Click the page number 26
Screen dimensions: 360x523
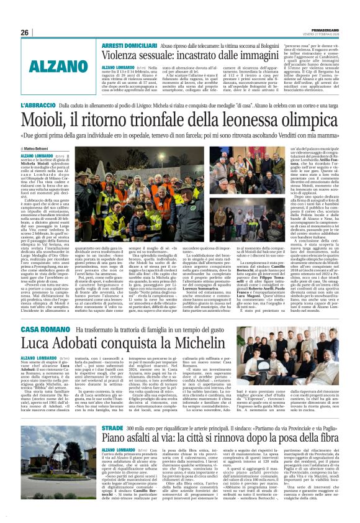25,32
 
